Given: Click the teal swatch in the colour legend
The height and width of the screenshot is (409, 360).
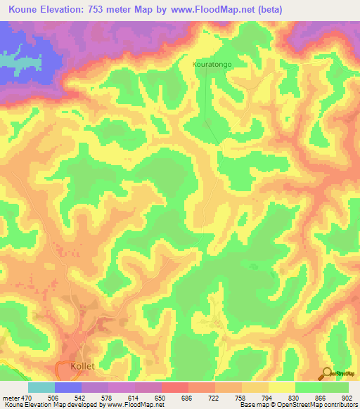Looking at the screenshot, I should click(x=41, y=387).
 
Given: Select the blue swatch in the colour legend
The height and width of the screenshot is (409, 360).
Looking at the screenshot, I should click(x=68, y=387).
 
